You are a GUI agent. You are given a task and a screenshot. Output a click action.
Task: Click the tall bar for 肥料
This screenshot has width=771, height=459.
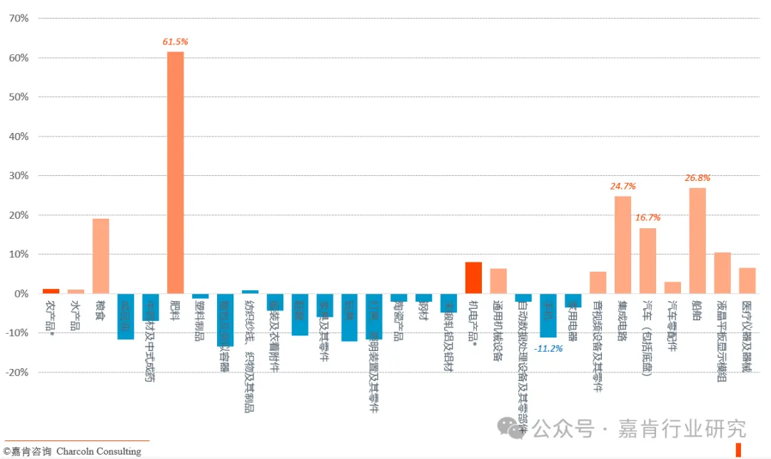click(176, 172)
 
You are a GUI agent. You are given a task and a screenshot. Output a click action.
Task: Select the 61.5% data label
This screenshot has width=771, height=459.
click(176, 42)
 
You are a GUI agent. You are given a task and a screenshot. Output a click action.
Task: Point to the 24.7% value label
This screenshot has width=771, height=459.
click(623, 187)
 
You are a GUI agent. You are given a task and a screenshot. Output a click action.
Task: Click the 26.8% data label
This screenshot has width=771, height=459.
click(697, 178)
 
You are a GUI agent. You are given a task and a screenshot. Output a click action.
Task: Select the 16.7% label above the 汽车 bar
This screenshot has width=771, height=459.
click(647, 217)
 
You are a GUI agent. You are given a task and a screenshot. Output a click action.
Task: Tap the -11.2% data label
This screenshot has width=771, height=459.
click(548, 348)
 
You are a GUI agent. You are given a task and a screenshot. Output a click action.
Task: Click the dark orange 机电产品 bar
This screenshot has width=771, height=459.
click(473, 278)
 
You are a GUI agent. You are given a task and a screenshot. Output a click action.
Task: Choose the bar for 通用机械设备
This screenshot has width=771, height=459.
click(498, 281)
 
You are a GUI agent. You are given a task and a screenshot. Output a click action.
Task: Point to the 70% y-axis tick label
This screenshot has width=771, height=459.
click(18, 18)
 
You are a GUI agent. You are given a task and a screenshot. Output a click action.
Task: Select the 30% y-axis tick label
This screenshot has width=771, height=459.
click(18, 176)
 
